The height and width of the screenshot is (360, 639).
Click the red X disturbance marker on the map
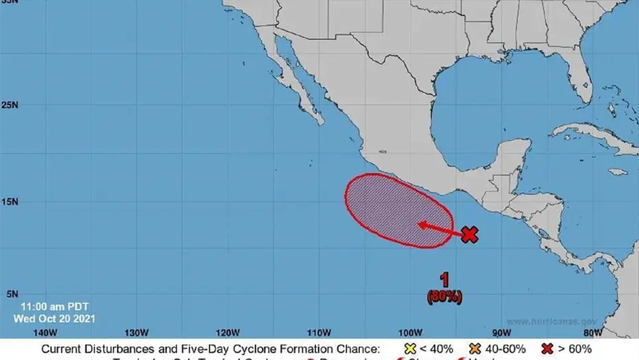point(469,234)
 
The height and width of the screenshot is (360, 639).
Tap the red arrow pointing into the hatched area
point(439,228)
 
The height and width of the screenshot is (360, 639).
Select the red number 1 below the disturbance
point(445,279)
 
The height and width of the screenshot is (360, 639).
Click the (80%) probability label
point(445,296)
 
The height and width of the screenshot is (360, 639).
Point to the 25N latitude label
point(10,105)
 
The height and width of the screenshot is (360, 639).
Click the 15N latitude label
point(10,201)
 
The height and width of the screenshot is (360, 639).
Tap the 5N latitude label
point(13,294)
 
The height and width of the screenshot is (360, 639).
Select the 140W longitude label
point(44,332)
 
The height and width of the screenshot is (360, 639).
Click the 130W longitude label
point(136,332)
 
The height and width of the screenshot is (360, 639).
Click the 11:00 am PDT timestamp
point(54,307)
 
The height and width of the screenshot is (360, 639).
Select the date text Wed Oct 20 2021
point(55,318)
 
